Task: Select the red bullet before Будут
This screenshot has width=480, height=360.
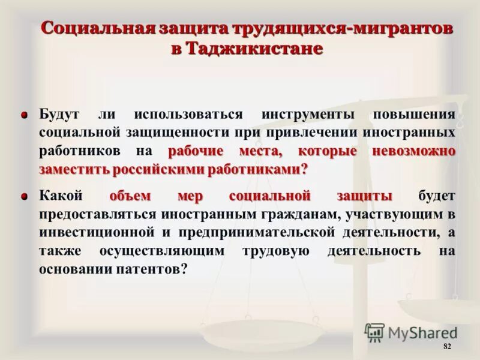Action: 25,115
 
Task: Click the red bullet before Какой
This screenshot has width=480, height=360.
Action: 25,196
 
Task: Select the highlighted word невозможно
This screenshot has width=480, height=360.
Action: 413,151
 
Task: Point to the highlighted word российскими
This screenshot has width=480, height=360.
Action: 163,169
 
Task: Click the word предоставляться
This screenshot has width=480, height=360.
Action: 88,214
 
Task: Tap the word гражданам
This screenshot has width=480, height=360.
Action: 284,214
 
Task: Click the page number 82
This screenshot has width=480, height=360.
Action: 447,347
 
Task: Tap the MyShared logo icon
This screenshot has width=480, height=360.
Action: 374,332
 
